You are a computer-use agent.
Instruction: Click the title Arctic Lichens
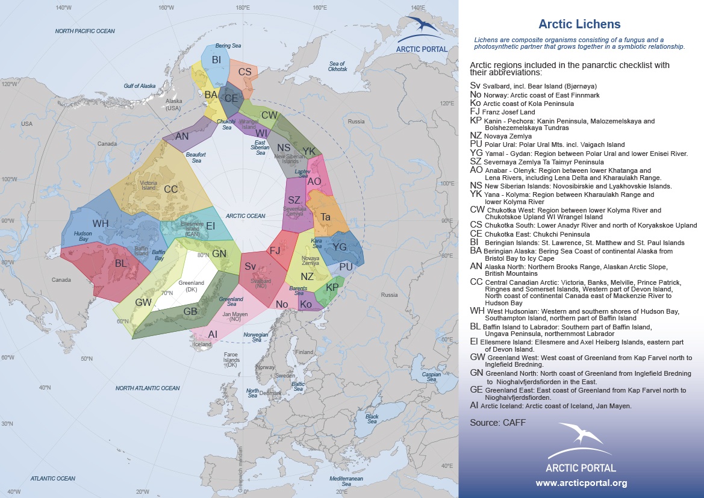click(x=579, y=25)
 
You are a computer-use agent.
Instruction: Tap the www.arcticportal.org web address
click(x=581, y=483)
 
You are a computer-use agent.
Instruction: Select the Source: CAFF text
click(x=497, y=422)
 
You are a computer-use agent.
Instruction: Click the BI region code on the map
click(x=216, y=59)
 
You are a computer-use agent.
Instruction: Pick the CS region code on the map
click(x=245, y=72)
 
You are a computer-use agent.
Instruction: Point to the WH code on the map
click(x=101, y=223)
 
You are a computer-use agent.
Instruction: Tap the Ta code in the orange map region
click(x=326, y=216)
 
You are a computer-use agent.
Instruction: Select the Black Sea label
click(x=372, y=419)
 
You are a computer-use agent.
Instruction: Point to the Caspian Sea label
click(x=429, y=376)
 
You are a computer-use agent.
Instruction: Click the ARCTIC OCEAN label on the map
click(x=245, y=216)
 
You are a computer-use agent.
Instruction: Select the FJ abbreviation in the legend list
click(x=475, y=112)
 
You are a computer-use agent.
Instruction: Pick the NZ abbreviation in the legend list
click(x=476, y=137)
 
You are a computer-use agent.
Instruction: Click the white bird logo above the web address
click(x=581, y=440)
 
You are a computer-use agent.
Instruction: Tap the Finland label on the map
click(x=304, y=352)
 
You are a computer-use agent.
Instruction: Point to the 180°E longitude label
click(x=243, y=8)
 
